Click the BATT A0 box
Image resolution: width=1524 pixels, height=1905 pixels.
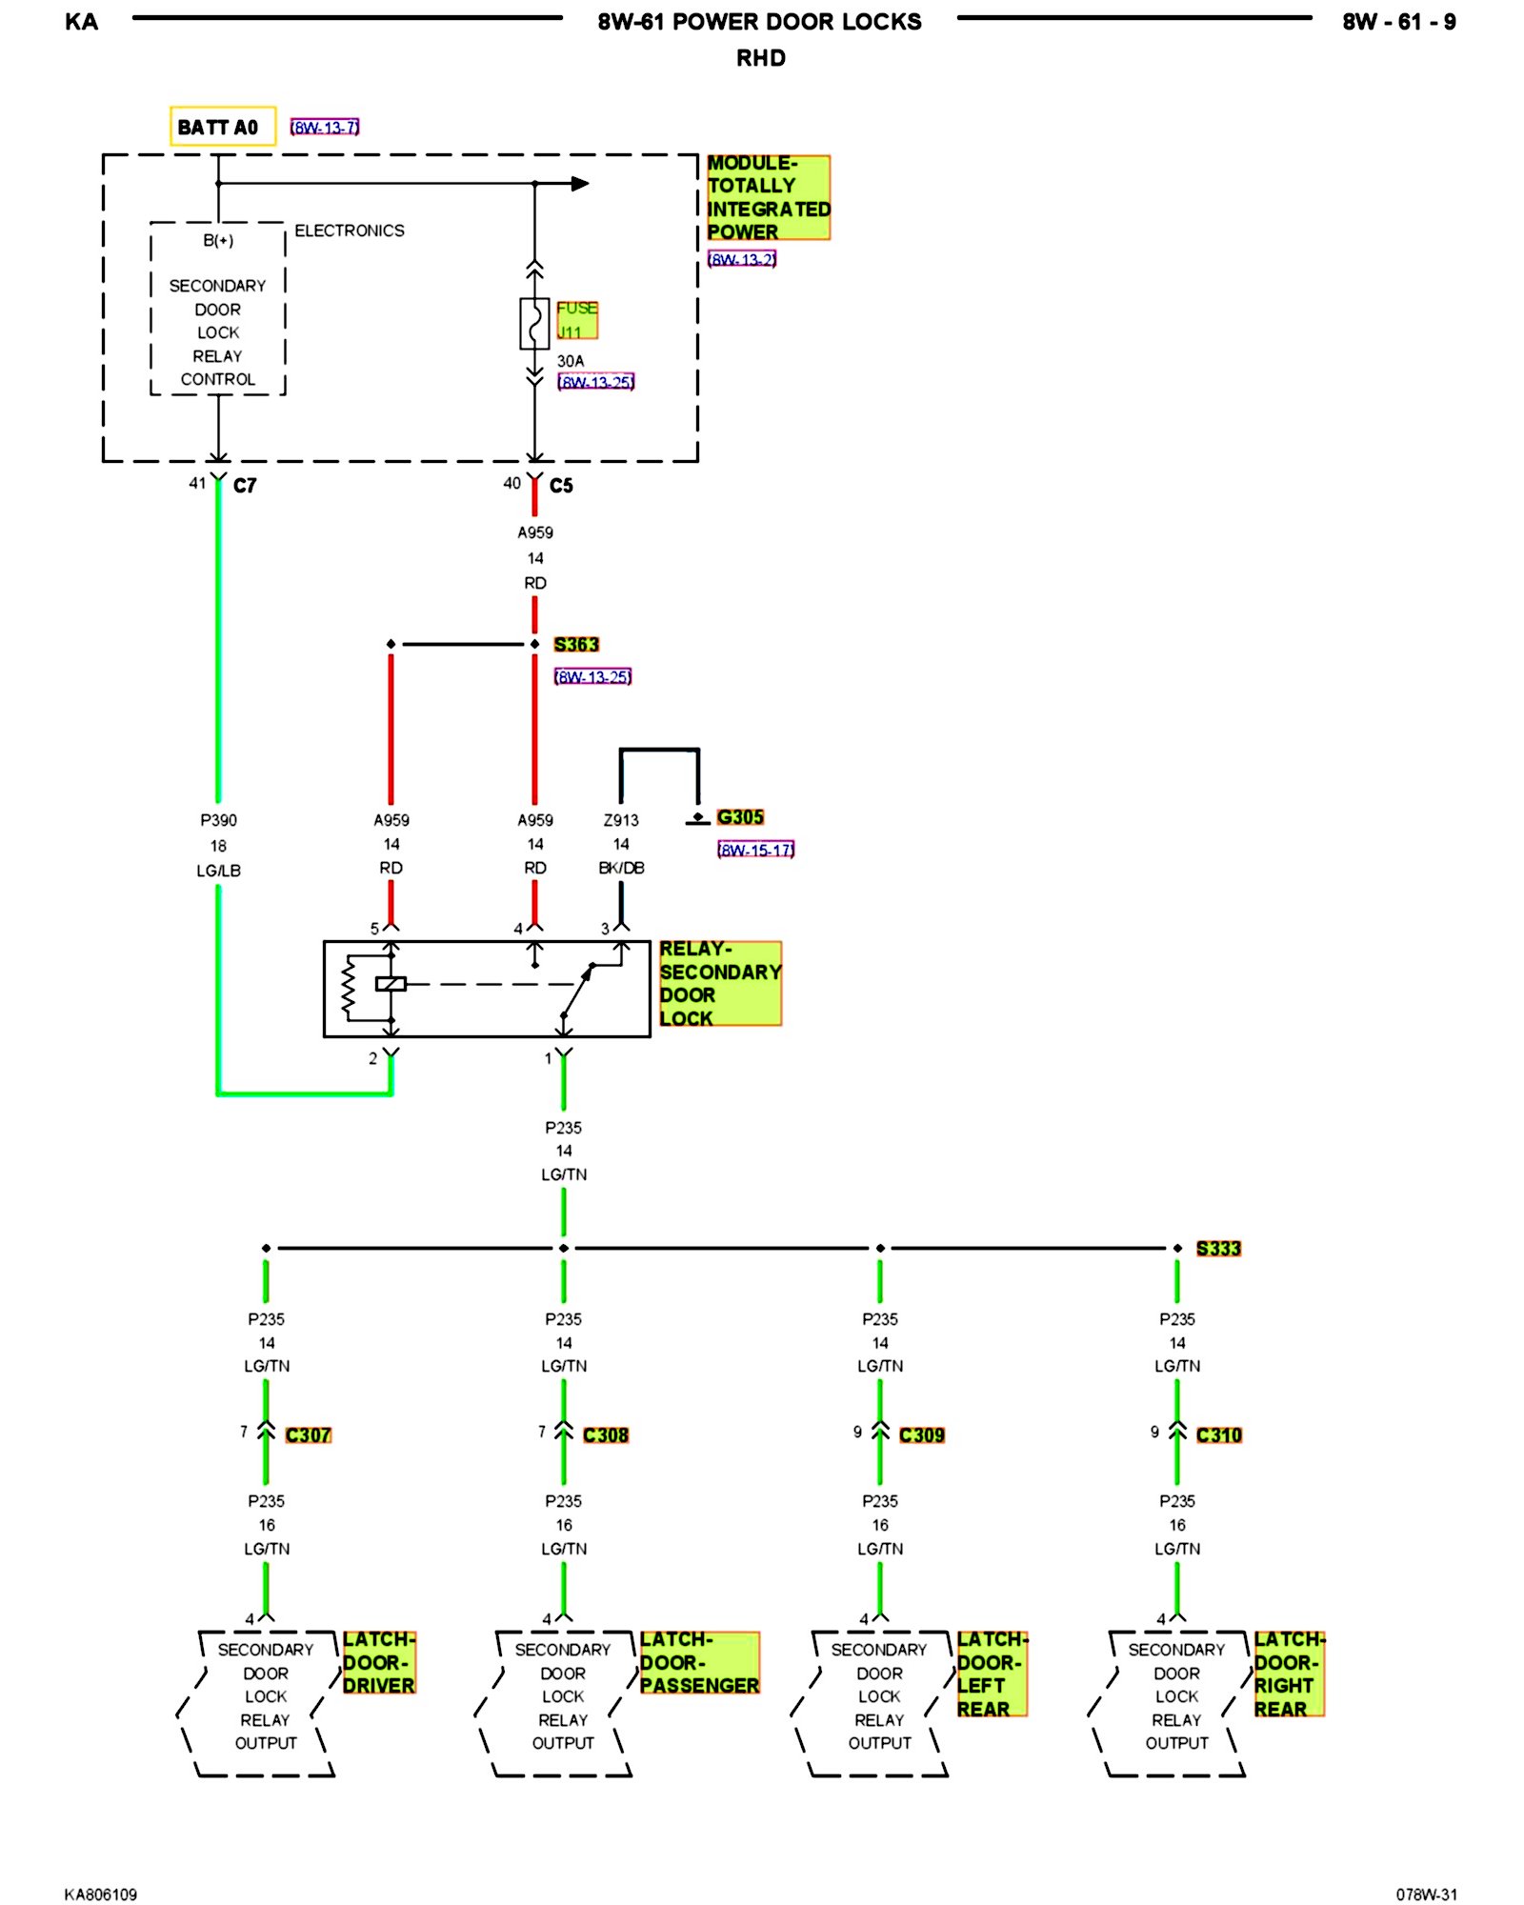click(x=223, y=126)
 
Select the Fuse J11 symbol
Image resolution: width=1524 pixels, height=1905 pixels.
click(x=534, y=323)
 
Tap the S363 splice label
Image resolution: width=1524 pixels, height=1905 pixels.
click(x=576, y=645)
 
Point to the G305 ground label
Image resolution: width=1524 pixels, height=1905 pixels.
click(x=740, y=817)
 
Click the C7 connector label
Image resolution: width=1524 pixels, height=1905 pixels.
click(x=245, y=486)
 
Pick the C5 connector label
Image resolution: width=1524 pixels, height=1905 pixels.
click(x=561, y=486)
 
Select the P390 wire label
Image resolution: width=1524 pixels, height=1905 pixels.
click(x=218, y=820)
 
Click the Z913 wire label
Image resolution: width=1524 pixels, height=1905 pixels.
click(x=621, y=820)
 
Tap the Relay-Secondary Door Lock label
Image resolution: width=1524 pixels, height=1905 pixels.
click(x=720, y=984)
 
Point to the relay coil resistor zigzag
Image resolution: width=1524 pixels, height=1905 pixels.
click(x=348, y=987)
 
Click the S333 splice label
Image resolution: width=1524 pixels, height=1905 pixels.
click(x=1218, y=1249)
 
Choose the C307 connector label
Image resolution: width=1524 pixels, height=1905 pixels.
click(x=308, y=1435)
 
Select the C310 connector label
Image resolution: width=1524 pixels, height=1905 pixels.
click(x=1219, y=1435)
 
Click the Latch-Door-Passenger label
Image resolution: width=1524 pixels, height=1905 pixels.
click(x=699, y=1663)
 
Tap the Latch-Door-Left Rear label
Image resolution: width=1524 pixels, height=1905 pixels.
click(x=992, y=1674)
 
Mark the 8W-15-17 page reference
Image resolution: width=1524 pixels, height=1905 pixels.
click(x=755, y=850)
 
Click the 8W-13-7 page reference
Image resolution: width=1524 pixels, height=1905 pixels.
click(x=325, y=127)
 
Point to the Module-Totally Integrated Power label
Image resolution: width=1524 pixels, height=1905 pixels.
click(x=768, y=197)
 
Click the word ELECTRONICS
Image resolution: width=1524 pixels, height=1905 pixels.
click(x=350, y=231)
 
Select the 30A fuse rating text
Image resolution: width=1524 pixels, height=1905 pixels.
click(x=571, y=361)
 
